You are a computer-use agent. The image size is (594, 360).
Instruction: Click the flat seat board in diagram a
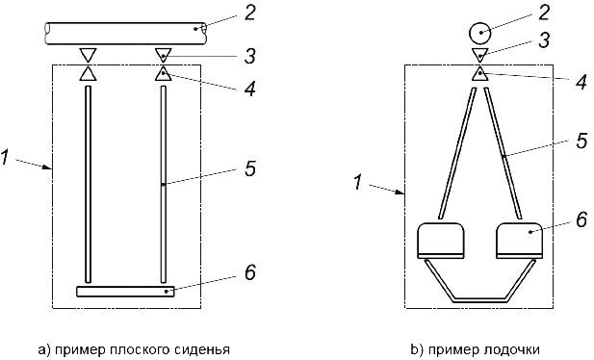[x=125, y=291]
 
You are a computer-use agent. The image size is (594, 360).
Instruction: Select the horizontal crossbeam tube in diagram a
[x=125, y=34]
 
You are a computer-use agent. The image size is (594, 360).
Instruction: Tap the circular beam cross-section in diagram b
[x=480, y=34]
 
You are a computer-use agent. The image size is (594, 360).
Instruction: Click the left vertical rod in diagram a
[x=89, y=184]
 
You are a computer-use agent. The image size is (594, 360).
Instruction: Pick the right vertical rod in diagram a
[x=164, y=184]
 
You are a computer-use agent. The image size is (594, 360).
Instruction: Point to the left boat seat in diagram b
[x=441, y=241]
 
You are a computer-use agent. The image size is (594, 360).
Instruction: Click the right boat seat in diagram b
[x=519, y=241]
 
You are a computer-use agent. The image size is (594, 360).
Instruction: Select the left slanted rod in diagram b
[x=457, y=153]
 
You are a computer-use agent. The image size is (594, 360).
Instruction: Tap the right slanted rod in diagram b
[x=503, y=153]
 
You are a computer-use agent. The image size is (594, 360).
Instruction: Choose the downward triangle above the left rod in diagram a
[x=88, y=55]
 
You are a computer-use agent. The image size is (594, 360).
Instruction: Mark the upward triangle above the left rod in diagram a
[x=88, y=73]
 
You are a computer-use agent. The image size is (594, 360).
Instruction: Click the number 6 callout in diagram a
[x=250, y=272]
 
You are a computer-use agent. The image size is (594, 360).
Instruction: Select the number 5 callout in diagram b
[x=581, y=141]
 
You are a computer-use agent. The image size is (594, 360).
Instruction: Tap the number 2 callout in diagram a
[x=249, y=13]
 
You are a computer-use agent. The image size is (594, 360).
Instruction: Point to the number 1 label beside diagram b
[x=357, y=182]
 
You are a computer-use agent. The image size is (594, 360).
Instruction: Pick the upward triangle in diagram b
[x=480, y=73]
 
